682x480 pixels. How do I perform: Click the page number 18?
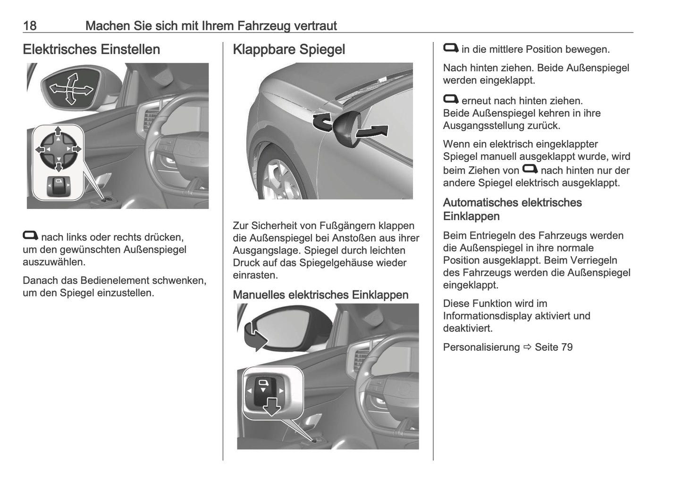click(30, 25)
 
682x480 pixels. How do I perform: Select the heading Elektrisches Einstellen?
click(91, 50)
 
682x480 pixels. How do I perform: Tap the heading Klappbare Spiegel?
click(288, 50)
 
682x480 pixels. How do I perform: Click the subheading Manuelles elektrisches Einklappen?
click(320, 295)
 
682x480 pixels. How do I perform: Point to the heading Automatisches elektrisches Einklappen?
click(512, 209)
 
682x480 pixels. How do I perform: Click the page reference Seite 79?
click(554, 348)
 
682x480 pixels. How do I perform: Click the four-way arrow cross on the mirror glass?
click(71, 88)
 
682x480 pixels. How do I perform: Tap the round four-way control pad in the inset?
click(58, 149)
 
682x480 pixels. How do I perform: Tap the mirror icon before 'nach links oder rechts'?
click(31, 236)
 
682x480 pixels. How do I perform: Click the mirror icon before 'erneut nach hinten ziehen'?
click(451, 99)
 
